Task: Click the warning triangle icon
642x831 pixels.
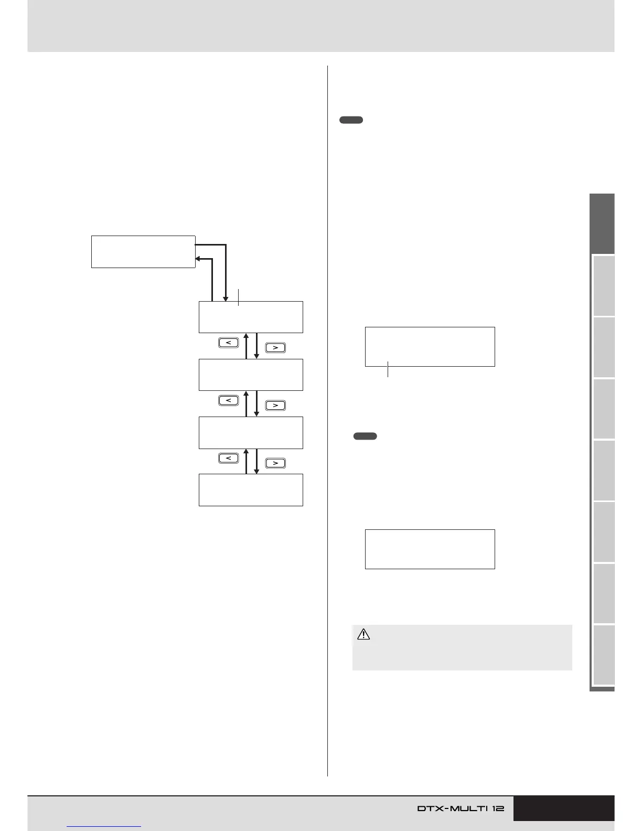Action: tap(363, 635)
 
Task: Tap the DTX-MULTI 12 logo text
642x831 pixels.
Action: tap(461, 808)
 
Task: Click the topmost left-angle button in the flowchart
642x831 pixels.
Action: tap(229, 343)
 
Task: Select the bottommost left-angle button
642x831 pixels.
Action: tap(229, 458)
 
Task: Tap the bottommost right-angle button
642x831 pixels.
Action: tap(275, 463)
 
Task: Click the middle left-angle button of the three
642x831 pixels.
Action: tap(229, 400)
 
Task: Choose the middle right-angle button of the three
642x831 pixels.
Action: tap(275, 405)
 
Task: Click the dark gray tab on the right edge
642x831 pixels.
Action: tap(602, 224)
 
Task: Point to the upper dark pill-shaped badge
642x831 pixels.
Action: tap(351, 120)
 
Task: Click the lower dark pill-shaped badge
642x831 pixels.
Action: tap(365, 436)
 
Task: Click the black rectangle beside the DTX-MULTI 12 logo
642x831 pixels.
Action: tap(563, 808)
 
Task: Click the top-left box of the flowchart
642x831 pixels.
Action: tap(143, 252)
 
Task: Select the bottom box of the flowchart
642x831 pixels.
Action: tap(251, 490)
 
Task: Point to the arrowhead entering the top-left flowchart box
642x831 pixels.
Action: tap(199, 259)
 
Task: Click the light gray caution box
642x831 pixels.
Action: tap(462, 647)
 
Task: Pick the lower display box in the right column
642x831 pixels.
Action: tap(430, 549)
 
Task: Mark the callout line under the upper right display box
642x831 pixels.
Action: tap(388, 369)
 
